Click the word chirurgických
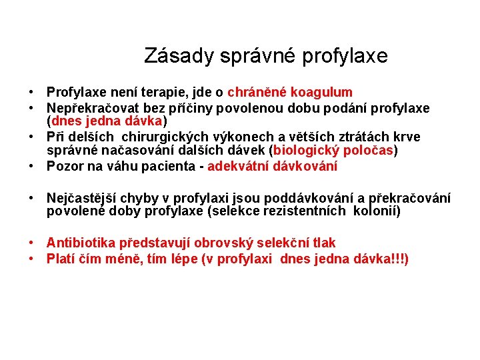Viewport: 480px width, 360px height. tap(169, 137)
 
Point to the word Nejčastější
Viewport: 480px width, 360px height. tap(83, 198)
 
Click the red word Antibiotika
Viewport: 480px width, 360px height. tap(81, 243)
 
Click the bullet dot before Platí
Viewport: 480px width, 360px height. tap(32, 259)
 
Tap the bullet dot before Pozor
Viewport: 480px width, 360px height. tap(32, 166)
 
